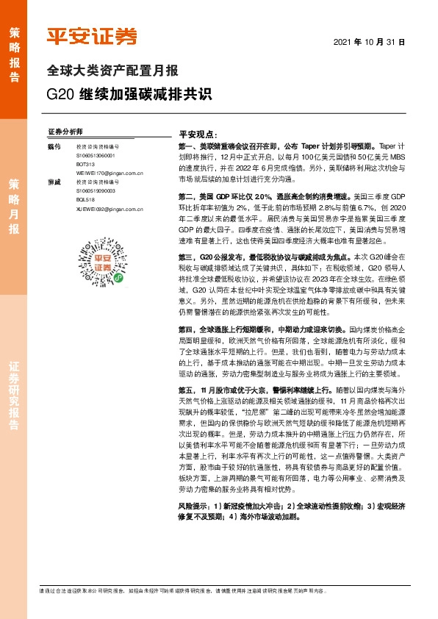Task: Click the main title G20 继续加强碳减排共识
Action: (129, 95)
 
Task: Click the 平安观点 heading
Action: (198, 136)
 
